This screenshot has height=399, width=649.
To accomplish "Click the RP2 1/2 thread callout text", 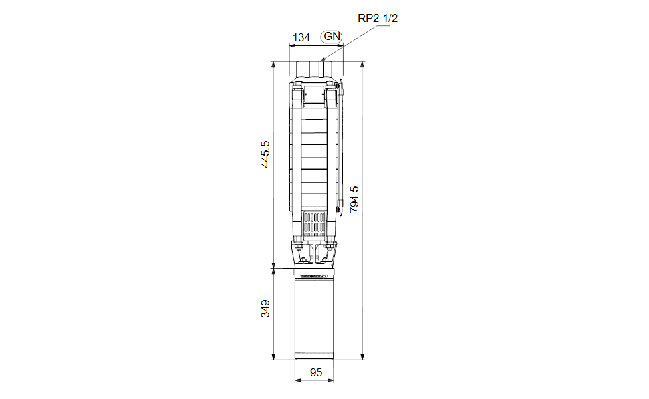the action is [378, 18].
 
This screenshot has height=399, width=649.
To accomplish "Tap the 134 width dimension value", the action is [301, 38].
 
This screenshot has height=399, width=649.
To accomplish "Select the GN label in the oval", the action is [332, 37].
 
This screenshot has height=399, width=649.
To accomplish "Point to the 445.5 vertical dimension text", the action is [265, 154].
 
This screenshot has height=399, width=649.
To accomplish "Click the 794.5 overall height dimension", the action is [354, 199].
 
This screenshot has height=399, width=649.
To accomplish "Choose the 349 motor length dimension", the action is [265, 309].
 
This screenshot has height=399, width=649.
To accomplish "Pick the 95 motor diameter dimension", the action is [316, 372].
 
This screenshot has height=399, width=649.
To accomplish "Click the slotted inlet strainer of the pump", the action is [315, 224].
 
